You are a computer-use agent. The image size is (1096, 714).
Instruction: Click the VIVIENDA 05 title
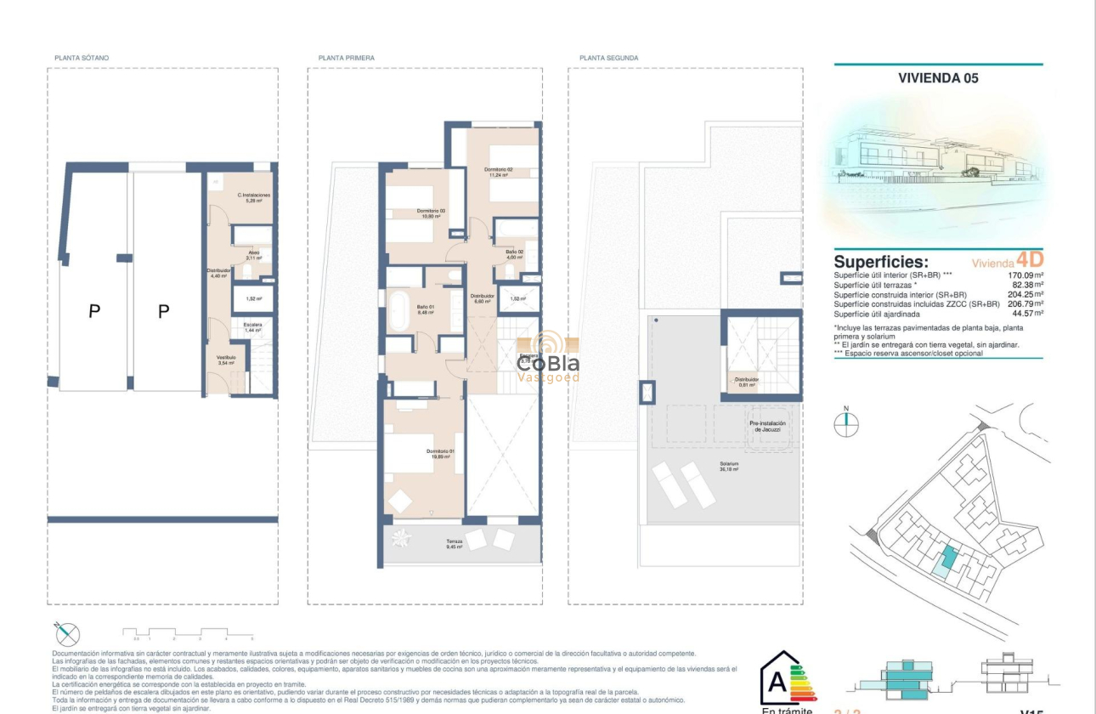pos(938,78)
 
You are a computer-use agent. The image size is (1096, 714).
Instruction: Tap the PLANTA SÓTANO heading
pos(82,58)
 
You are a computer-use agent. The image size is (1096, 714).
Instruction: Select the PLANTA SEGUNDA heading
pos(609,58)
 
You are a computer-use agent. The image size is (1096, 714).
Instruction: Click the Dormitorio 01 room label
pos(441,454)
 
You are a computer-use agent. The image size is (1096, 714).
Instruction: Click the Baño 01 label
pos(426,310)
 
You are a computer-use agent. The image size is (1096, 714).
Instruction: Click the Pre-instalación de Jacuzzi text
pos(767,427)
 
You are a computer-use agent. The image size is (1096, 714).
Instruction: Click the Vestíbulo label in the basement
pos(226,360)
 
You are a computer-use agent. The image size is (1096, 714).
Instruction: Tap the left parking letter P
pos(94,313)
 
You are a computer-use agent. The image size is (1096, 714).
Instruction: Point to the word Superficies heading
pos(880,262)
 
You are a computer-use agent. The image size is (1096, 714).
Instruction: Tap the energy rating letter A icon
pos(777,681)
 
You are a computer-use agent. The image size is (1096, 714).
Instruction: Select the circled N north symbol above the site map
pos(846,424)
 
